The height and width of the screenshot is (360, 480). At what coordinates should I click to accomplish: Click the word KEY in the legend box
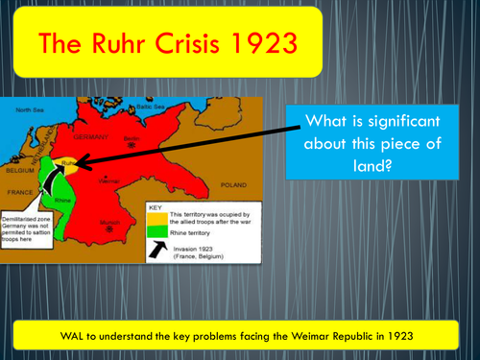point(155,205)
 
